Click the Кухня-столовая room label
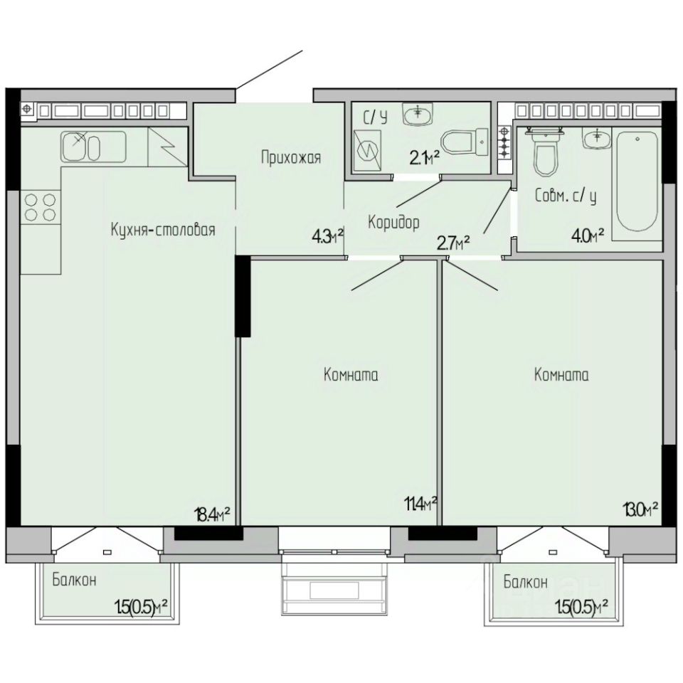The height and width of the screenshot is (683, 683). tap(163, 230)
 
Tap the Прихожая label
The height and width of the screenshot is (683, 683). tap(291, 157)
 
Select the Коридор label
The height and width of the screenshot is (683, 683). tap(393, 222)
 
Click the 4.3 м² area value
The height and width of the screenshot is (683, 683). tap(327, 238)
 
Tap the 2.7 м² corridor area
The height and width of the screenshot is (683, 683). tap(453, 243)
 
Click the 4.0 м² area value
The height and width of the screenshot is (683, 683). tap(588, 236)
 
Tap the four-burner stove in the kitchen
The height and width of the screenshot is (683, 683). tap(41, 207)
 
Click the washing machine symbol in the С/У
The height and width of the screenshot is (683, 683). tap(367, 151)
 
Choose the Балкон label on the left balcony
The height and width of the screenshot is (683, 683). tap(75, 581)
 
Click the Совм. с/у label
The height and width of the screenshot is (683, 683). tap(566, 196)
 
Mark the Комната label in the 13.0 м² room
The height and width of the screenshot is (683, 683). tap(561, 375)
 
